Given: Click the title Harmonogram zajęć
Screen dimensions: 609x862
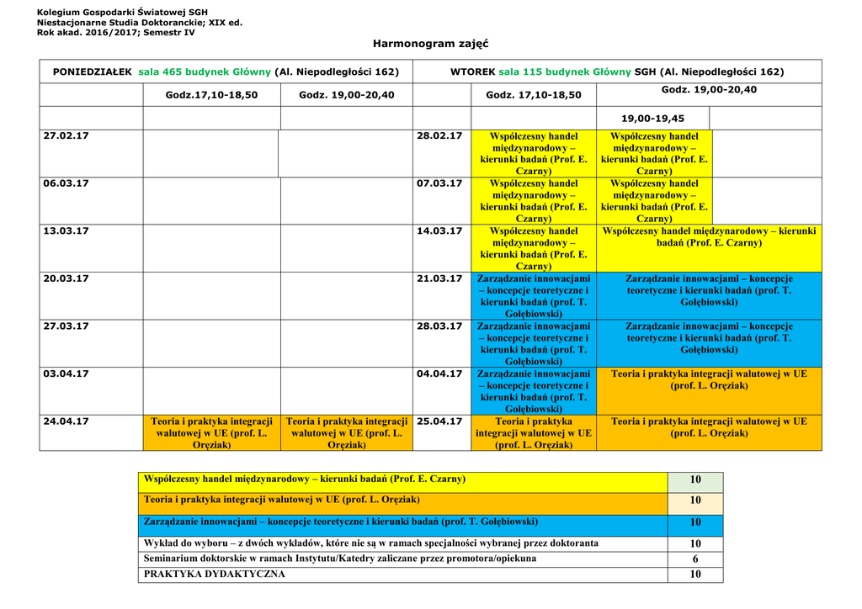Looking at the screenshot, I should tap(430, 43).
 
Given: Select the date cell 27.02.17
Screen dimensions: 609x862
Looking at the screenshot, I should tap(66, 135).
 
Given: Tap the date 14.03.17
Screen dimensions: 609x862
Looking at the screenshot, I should tap(439, 230).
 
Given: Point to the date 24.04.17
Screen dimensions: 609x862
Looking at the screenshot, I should tap(66, 421).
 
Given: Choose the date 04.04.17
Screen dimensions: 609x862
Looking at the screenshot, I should tap(439, 373).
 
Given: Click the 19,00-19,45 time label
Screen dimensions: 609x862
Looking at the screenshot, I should tap(652, 119).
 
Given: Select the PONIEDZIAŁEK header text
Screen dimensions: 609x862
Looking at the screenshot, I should tap(92, 72).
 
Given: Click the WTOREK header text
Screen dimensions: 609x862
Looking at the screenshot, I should tap(472, 72).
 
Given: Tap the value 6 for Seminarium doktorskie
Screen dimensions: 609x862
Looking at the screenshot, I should tap(694, 559).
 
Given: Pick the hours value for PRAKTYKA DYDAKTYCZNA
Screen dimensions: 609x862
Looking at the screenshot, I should tap(694, 575).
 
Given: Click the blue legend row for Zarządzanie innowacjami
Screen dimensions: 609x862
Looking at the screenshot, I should tap(341, 522).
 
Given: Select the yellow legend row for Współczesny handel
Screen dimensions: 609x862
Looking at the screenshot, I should tap(305, 479).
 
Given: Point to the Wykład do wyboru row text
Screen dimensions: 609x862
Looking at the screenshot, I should tap(371, 543).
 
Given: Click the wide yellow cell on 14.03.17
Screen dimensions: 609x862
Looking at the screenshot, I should tap(709, 236).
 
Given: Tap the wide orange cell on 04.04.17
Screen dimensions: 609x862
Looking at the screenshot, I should tap(709, 379).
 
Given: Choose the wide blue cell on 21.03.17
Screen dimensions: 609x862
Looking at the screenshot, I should tap(709, 290).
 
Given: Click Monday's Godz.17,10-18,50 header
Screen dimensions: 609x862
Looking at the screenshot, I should tap(211, 95).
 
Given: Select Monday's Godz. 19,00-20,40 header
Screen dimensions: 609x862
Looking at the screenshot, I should tap(346, 95).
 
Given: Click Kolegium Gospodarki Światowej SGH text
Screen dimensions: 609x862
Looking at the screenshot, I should tap(122, 11).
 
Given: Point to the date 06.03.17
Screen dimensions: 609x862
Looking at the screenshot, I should tap(66, 183).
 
